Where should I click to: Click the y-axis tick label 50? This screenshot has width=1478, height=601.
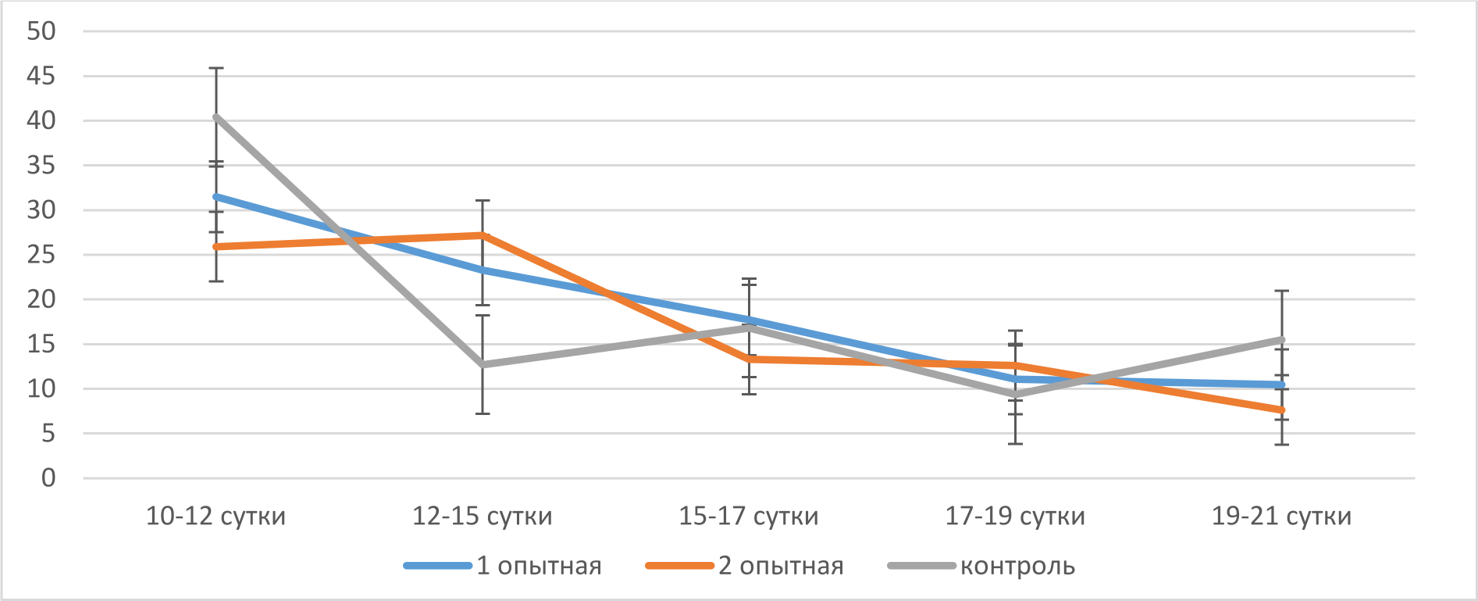41,31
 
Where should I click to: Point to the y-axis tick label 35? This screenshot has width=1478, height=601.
41,166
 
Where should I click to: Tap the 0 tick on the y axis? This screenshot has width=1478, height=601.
48,478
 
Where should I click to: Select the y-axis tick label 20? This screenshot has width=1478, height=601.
41,299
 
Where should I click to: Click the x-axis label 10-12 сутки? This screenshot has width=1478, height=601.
215,517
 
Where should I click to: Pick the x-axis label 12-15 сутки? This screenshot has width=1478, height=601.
482,517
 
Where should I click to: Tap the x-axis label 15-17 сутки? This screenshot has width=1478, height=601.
749,517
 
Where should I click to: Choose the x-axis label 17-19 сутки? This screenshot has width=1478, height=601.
1015,517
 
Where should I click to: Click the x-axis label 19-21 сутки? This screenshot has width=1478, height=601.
1281,517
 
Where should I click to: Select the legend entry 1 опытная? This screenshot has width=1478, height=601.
539,566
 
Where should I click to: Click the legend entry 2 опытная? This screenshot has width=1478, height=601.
781,566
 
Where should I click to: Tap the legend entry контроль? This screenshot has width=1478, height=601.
1017,566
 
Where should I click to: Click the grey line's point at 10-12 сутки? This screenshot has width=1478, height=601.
216,116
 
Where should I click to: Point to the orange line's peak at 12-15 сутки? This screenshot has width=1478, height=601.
483,234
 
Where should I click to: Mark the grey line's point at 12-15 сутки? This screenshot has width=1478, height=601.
483,364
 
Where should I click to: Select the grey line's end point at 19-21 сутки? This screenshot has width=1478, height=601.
1282,339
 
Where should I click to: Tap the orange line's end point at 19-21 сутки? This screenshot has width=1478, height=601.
1282,410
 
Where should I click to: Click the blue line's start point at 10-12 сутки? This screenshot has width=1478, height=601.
216,196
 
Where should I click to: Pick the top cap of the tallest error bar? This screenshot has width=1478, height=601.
216,69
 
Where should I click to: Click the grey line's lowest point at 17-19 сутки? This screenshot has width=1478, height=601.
1015,395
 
